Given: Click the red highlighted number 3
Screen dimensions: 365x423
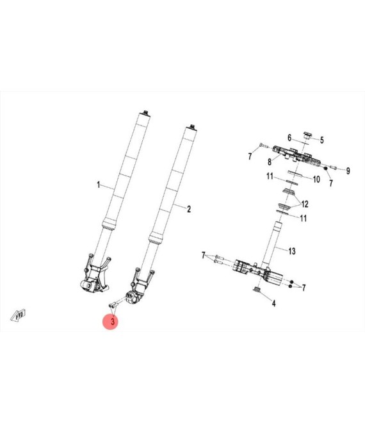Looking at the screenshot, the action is coord(113,321).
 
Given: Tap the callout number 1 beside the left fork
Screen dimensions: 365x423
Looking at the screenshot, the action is coord(99,185).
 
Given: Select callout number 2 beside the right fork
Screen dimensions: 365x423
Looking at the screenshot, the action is coord(189,209).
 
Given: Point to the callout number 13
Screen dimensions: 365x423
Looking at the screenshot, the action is coord(292,251).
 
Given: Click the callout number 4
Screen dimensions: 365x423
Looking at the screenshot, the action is coord(273,304).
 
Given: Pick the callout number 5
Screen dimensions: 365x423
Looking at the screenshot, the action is coord(322,140).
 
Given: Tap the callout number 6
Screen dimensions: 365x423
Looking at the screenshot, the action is coord(289,138).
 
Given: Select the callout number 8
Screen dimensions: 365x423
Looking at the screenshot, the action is coord(270,162).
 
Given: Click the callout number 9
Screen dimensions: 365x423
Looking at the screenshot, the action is coord(348,170).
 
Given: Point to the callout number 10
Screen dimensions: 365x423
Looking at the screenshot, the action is coord(316,179).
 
